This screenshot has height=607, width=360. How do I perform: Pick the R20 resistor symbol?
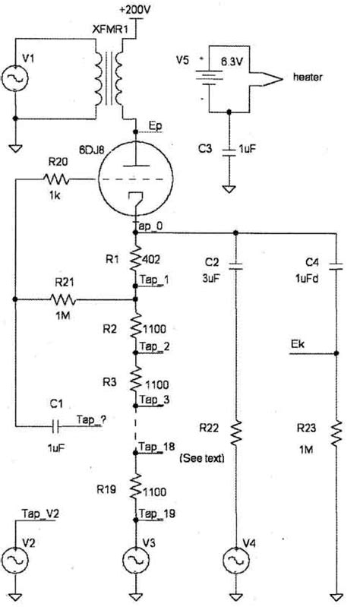57,180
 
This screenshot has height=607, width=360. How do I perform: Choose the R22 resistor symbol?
237,435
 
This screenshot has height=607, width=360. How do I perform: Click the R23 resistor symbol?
335,435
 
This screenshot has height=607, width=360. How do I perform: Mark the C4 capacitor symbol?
335,265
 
